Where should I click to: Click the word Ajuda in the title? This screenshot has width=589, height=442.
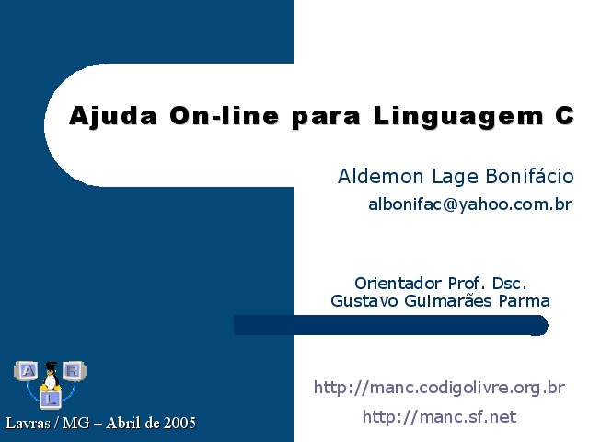pos(112,116)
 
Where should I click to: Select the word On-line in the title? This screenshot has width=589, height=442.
pos(225,115)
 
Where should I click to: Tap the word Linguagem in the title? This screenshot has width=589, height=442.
pos(458,117)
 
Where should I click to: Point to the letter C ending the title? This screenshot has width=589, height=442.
pos(564,115)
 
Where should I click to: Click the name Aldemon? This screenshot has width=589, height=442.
pos(380,176)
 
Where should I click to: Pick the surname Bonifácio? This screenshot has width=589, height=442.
pos(530,176)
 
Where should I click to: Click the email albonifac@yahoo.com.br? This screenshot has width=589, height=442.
pos(470,204)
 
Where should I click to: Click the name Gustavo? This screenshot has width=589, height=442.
pos(364,301)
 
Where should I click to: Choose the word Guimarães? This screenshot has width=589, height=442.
pos(448,301)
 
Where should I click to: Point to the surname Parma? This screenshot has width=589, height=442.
pos(524,301)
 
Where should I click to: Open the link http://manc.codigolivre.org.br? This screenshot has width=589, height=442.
pos(439,388)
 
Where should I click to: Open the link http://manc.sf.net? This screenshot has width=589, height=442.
pos(439,417)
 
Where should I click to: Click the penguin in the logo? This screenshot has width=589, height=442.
pos(51,377)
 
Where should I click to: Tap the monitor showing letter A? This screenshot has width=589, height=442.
pos(27,371)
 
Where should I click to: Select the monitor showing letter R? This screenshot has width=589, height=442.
pos(74,371)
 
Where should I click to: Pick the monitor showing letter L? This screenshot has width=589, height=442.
pos(51,400)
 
